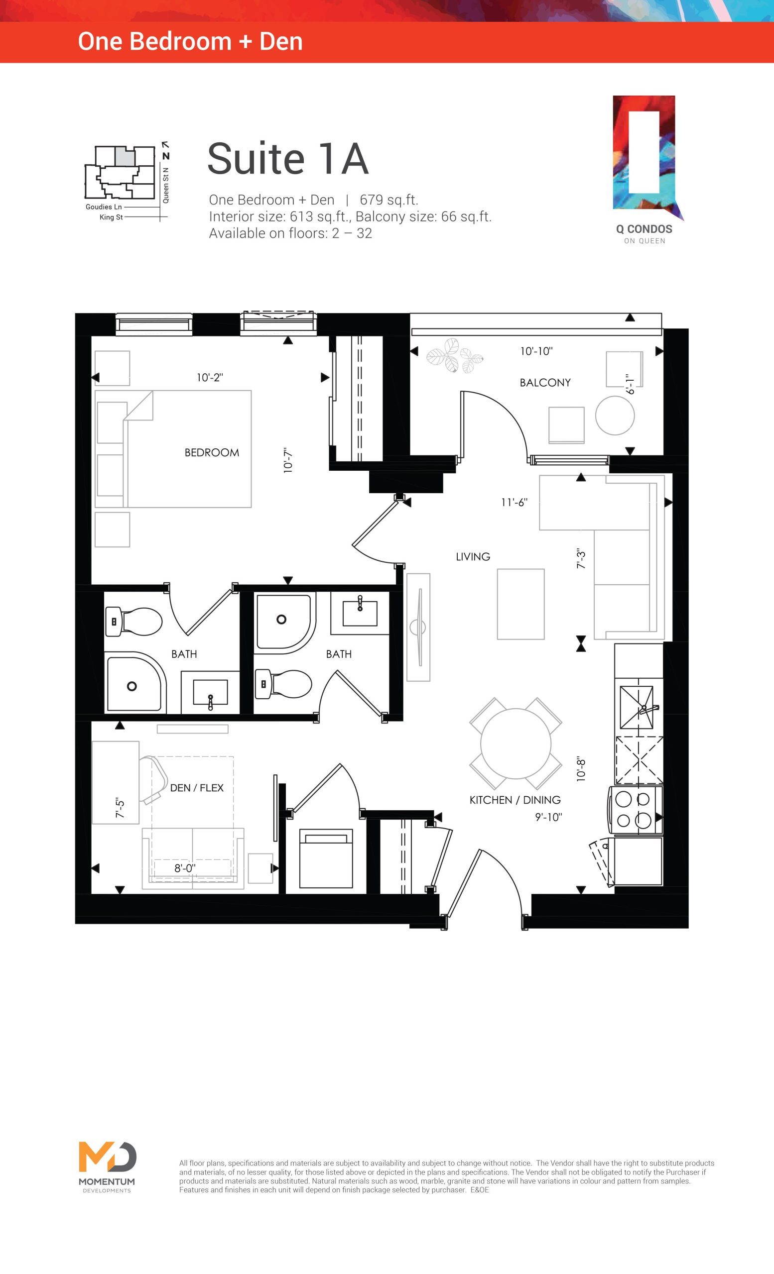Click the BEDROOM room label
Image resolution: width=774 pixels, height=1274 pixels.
(x=212, y=452)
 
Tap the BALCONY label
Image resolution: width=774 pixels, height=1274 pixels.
(x=545, y=383)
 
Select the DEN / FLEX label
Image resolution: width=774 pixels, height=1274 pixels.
(x=197, y=788)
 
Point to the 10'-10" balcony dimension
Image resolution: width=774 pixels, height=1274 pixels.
(x=536, y=351)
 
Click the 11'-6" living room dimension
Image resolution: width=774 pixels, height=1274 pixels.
(x=514, y=502)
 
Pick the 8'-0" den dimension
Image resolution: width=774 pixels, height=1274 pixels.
(x=185, y=868)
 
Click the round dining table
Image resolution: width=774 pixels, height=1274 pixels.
(x=516, y=743)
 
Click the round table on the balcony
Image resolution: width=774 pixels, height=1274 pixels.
(x=615, y=415)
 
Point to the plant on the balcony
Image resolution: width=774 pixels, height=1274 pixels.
(x=454, y=356)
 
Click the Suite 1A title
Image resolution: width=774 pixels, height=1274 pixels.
(x=288, y=159)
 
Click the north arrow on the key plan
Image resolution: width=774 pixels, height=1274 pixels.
(x=165, y=149)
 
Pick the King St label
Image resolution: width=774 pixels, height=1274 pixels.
(x=111, y=217)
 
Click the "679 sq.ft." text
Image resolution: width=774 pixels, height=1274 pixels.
(x=388, y=200)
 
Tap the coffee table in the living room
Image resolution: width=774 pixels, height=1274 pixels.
(x=520, y=604)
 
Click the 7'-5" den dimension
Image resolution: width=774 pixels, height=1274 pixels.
(x=120, y=808)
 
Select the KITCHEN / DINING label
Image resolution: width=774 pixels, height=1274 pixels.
(x=515, y=800)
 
